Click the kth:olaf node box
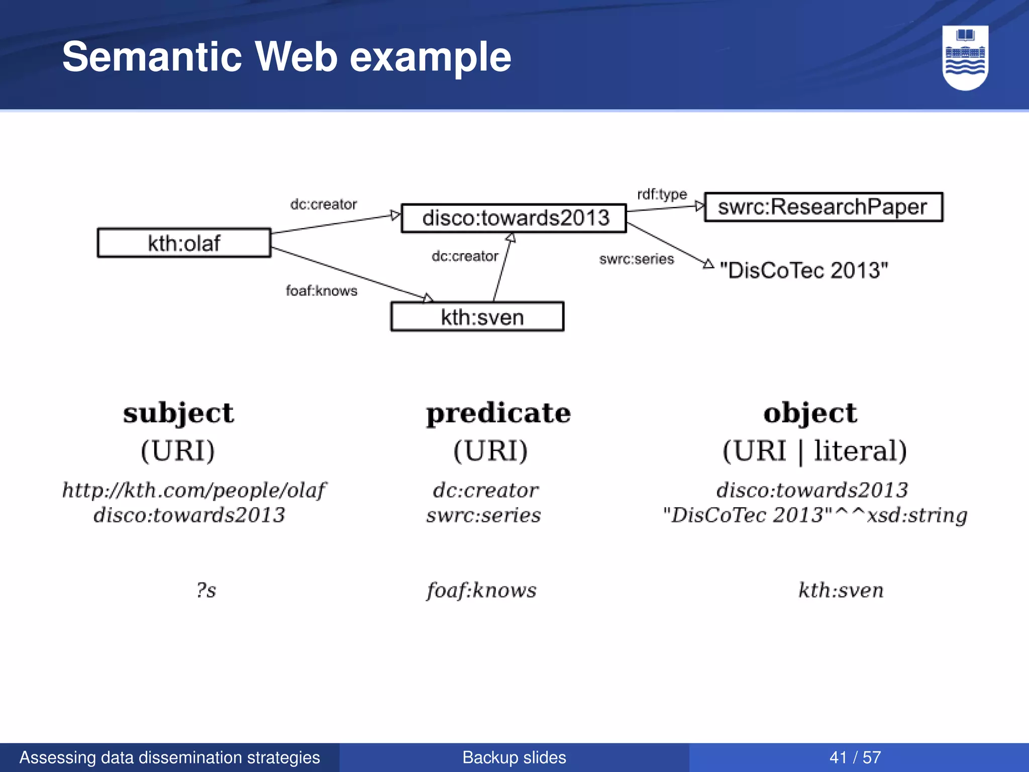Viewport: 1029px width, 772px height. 184,243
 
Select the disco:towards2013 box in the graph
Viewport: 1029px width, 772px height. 514,218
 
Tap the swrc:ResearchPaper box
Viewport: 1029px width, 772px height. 823,207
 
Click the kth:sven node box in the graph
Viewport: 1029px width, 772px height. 477,317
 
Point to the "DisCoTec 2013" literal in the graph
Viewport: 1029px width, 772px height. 804,270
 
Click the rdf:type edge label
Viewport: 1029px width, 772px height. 662,194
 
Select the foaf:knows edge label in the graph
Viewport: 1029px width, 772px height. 322,291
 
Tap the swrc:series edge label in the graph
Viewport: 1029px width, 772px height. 636,259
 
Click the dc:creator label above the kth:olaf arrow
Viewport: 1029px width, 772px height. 324,204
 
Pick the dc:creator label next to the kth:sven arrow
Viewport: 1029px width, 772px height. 465,256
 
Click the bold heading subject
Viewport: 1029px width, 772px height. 178,413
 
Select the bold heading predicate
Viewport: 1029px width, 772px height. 498,413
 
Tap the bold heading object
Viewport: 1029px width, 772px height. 810,413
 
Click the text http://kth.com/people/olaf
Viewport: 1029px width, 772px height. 194,490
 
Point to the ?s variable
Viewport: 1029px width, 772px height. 206,590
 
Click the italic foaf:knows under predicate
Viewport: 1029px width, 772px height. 482,590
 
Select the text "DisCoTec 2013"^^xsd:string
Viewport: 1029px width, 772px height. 814,515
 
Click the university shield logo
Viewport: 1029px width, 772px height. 965,57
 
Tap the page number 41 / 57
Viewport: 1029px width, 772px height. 855,757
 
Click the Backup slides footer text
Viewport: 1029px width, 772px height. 514,757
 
